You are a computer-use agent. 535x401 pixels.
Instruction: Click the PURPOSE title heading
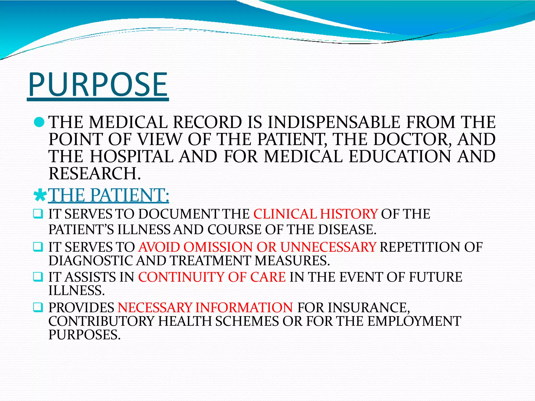pos(98,85)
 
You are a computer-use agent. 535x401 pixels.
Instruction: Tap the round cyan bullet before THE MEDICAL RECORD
pos(39,122)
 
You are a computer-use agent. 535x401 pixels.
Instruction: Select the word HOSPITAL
pos(132,156)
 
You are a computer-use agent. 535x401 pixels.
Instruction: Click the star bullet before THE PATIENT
pos(40,195)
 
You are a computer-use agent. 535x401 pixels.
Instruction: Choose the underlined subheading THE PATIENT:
pos(109,195)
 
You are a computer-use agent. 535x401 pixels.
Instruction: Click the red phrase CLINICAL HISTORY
pos(315,214)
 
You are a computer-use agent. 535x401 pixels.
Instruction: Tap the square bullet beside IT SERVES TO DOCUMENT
pos(38,214)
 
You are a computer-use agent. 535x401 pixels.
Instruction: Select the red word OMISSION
pos(218,247)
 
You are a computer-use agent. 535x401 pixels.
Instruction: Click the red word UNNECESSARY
pos(328,247)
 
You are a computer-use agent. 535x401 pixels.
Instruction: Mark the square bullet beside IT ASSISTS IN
pos(38,277)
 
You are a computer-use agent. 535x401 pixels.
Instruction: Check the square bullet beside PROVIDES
pos(38,307)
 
